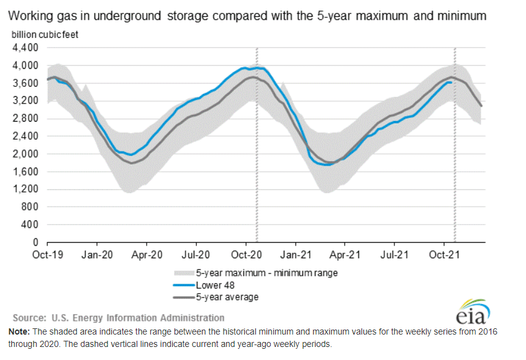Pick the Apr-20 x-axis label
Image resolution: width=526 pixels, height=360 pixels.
pos(147,254)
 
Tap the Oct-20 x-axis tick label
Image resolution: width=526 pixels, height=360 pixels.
pos(247,254)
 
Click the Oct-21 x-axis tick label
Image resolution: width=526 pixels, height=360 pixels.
pos(445,254)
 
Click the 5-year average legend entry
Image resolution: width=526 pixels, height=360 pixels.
pos(227,297)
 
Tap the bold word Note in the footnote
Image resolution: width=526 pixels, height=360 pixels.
pos(19,332)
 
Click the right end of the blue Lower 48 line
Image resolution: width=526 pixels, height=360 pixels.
pos(451,82)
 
